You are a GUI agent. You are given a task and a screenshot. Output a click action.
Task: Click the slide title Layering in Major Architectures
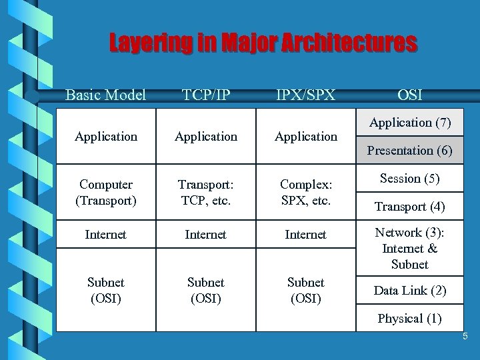(x=263, y=44)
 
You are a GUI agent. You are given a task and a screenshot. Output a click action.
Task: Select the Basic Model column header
(x=105, y=95)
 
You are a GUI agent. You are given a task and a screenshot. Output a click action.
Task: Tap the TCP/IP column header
(x=206, y=95)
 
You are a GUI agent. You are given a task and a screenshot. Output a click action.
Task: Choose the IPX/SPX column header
(x=306, y=95)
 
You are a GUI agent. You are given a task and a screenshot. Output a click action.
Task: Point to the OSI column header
(x=409, y=95)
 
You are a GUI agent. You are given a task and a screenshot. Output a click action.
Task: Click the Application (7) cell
(x=410, y=123)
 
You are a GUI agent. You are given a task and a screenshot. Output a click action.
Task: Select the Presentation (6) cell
(x=410, y=151)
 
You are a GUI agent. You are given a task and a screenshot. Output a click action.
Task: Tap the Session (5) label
(x=410, y=179)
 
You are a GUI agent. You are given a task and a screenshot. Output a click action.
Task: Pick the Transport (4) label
(x=410, y=207)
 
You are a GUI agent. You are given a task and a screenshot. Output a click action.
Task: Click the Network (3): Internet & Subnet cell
(x=410, y=248)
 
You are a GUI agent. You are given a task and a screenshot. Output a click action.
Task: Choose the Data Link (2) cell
(x=410, y=291)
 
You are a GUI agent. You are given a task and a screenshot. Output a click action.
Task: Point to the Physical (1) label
(x=410, y=319)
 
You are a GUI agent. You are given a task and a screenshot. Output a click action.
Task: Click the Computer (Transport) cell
(x=106, y=192)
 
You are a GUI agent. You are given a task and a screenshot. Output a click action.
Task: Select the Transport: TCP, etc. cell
(x=206, y=192)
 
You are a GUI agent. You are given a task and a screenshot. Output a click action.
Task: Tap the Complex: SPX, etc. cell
(x=306, y=192)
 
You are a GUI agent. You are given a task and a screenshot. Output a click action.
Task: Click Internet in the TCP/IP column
(x=206, y=235)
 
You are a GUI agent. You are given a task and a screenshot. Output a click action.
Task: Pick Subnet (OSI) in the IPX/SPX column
(x=306, y=290)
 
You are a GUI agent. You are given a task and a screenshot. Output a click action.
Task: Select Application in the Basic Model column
(x=106, y=137)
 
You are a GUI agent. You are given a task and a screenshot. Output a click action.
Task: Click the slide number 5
(x=465, y=337)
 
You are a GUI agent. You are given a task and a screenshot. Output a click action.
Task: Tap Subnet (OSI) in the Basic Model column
(x=106, y=290)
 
